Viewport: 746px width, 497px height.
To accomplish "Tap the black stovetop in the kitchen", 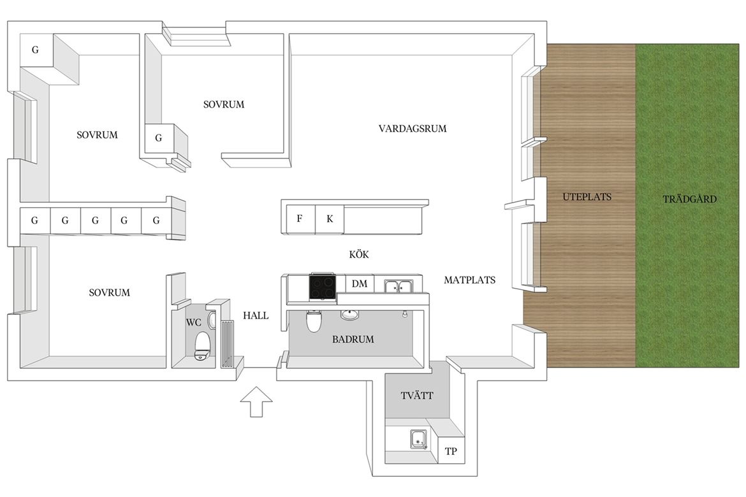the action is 323,287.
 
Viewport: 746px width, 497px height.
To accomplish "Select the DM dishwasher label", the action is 360,284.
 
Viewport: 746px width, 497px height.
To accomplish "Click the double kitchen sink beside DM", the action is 399,286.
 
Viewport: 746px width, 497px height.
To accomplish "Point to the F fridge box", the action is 299,219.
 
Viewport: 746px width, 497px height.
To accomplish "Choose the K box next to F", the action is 330,219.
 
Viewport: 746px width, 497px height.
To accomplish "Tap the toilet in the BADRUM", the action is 314,321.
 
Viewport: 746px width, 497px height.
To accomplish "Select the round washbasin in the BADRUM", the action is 349,314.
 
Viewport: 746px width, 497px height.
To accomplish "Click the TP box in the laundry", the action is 451,451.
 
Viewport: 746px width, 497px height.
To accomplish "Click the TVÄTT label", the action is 417,395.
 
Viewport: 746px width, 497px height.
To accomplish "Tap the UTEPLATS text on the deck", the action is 587,196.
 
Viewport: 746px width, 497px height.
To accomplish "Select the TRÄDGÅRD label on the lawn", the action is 689,198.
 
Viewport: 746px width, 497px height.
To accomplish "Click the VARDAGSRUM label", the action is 413,129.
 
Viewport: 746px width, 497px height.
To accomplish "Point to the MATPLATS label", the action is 469,280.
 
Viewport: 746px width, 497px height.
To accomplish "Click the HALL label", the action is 256,315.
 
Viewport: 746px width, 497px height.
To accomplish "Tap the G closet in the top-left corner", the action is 36,50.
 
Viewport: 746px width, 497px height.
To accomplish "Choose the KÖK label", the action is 359,254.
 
